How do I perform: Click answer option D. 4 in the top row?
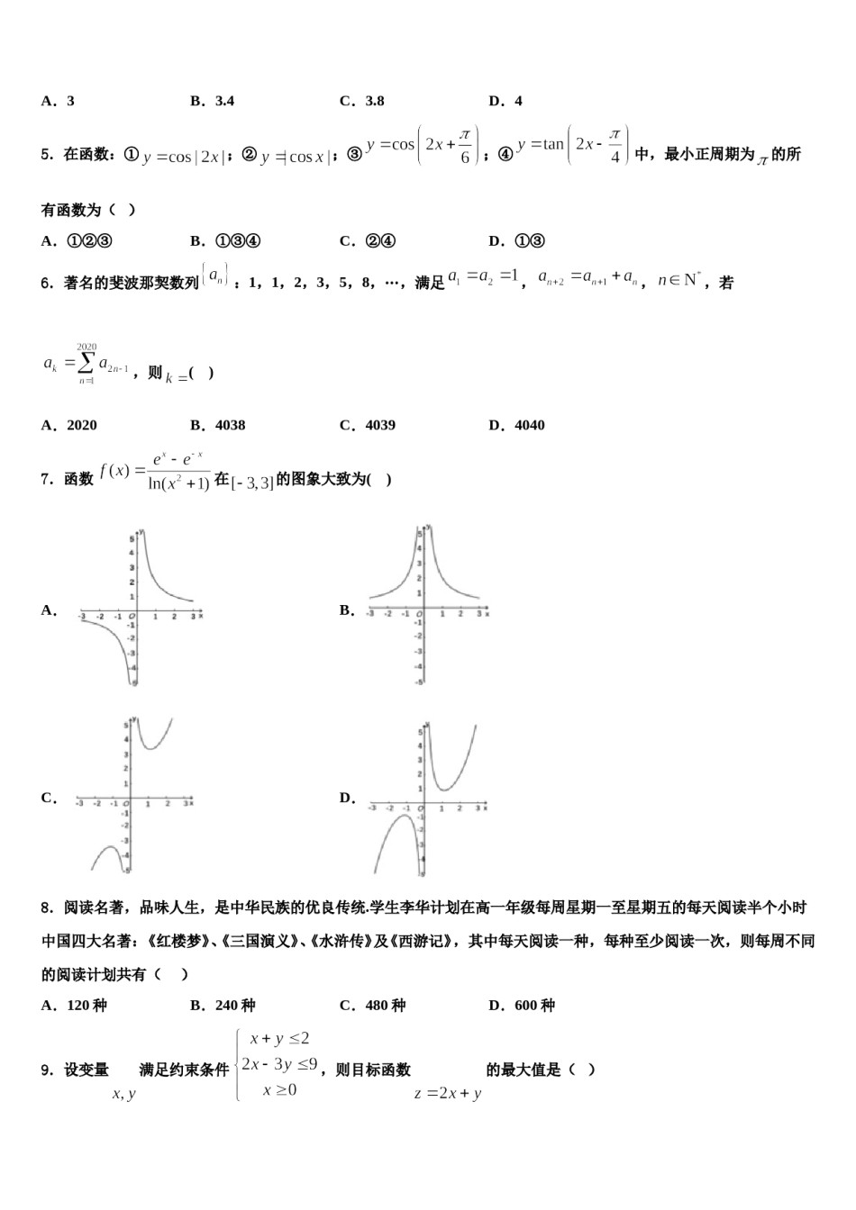tap(505, 101)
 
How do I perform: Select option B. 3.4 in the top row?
tap(212, 101)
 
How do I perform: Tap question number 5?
tap(47, 155)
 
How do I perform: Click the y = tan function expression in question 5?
tap(572, 145)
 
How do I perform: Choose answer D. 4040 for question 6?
tap(516, 425)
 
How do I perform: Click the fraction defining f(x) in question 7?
tap(178, 472)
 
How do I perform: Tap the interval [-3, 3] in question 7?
tap(252, 482)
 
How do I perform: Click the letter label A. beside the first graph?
tap(49, 610)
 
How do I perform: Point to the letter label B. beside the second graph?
tap(347, 610)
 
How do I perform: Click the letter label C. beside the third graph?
tap(49, 798)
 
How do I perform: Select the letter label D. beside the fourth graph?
tap(347, 798)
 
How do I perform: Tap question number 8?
tap(47, 907)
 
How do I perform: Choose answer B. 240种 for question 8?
tap(223, 1006)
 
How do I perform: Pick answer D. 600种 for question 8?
tap(522, 1006)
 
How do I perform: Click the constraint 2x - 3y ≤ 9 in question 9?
tap(279, 1064)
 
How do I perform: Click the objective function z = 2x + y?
tap(448, 1094)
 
